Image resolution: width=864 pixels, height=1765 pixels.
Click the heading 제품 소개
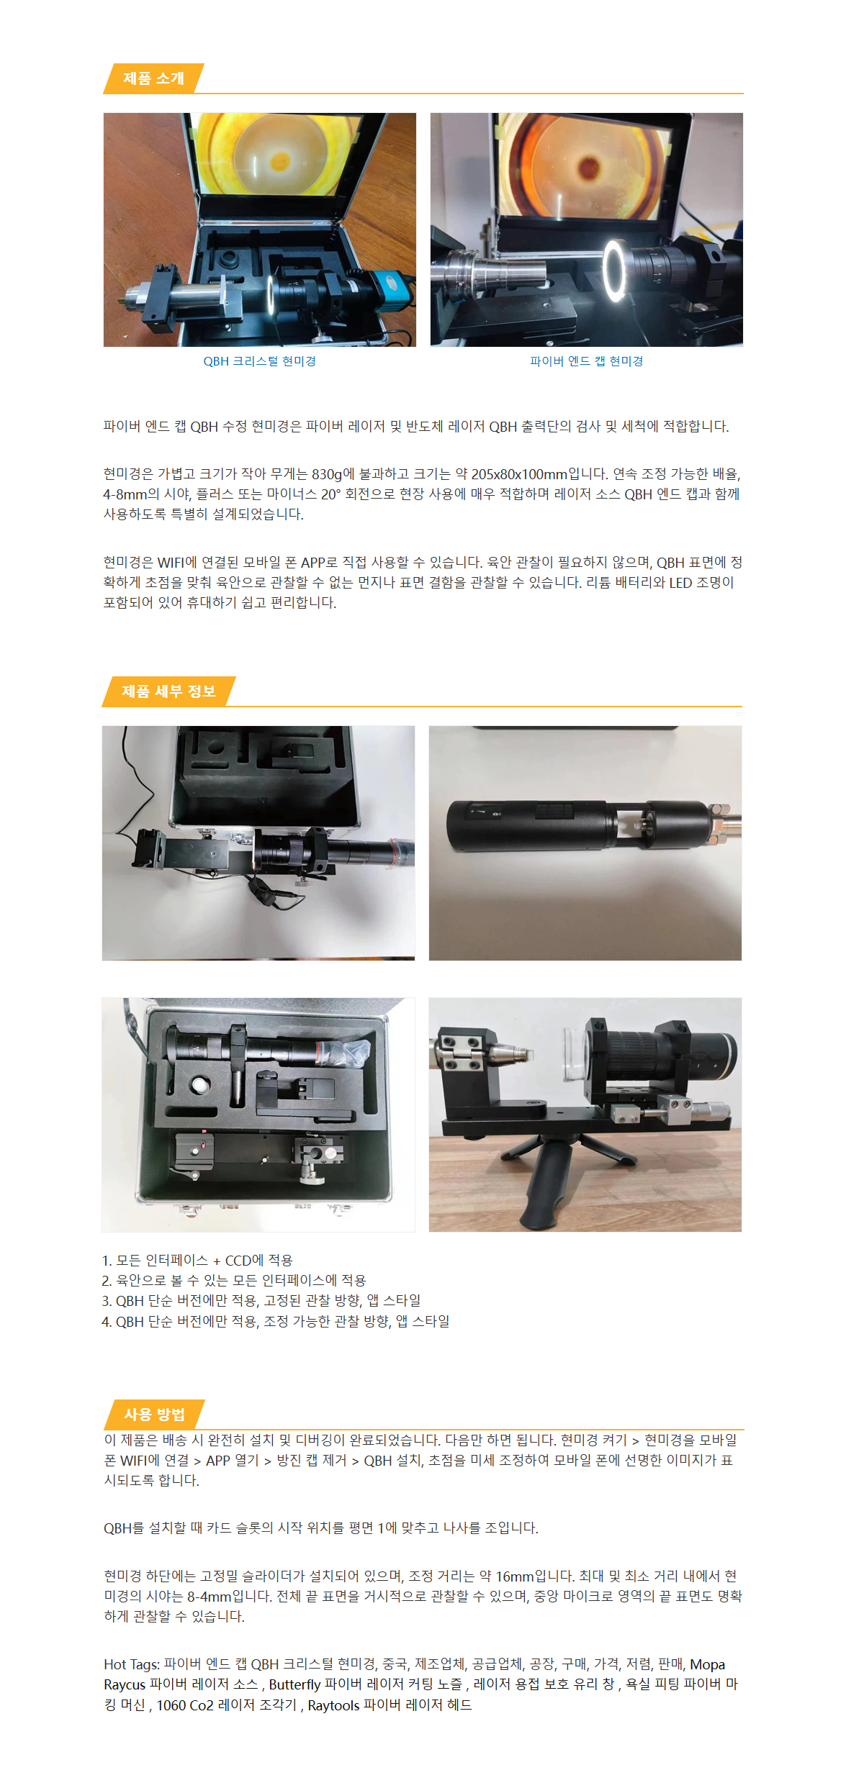(x=153, y=78)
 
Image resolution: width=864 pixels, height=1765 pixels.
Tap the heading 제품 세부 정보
(x=168, y=691)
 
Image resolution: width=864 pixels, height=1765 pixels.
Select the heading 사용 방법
(x=154, y=1414)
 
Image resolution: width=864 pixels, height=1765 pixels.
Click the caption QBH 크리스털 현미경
(x=259, y=361)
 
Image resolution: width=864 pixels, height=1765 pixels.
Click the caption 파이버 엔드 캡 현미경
(x=586, y=361)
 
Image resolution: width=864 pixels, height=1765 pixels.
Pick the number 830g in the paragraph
(x=327, y=474)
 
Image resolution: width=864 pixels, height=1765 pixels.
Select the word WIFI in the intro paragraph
(x=171, y=563)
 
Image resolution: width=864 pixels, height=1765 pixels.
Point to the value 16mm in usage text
(x=515, y=1576)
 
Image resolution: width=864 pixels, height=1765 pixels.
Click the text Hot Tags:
(x=132, y=1664)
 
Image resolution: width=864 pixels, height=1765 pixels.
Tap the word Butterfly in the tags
(x=294, y=1684)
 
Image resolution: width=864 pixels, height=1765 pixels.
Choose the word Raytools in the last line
(x=333, y=1705)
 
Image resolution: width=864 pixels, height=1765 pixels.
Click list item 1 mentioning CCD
(x=197, y=1261)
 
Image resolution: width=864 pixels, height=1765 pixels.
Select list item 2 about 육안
(x=234, y=1281)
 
